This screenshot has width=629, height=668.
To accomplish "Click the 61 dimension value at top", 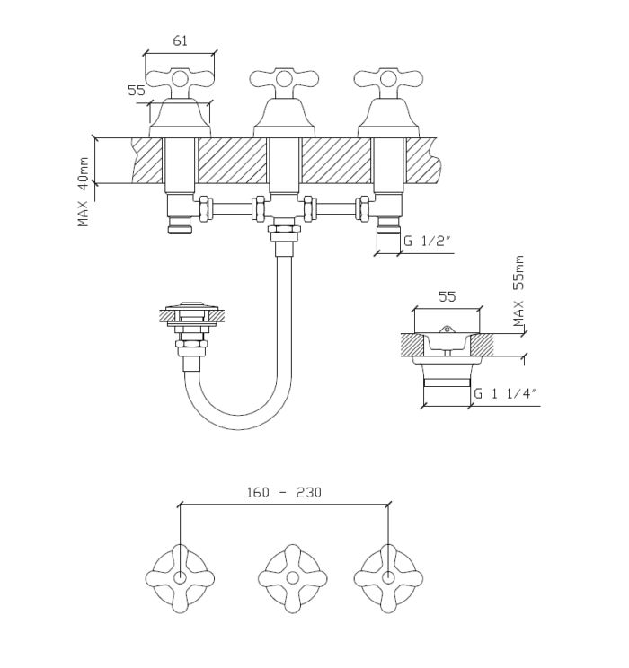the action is click(x=180, y=40).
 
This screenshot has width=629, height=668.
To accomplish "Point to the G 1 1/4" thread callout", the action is click(x=504, y=392).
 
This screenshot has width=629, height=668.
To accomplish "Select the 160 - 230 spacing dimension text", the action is click(x=284, y=492).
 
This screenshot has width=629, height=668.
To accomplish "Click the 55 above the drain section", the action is click(x=447, y=295).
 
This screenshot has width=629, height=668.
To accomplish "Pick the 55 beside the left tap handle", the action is click(x=137, y=91).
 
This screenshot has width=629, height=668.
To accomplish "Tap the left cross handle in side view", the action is click(x=180, y=80).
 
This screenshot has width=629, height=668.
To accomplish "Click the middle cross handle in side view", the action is click(x=284, y=80).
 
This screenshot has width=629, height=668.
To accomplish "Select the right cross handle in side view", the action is click(x=388, y=80).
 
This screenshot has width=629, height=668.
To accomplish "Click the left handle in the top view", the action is click(x=180, y=578).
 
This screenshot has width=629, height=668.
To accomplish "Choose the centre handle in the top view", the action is click(x=292, y=578).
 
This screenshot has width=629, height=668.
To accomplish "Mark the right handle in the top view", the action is click(x=388, y=578).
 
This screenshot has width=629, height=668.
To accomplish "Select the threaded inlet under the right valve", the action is click(x=388, y=226).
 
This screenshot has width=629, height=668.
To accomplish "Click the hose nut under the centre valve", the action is click(x=284, y=235).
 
